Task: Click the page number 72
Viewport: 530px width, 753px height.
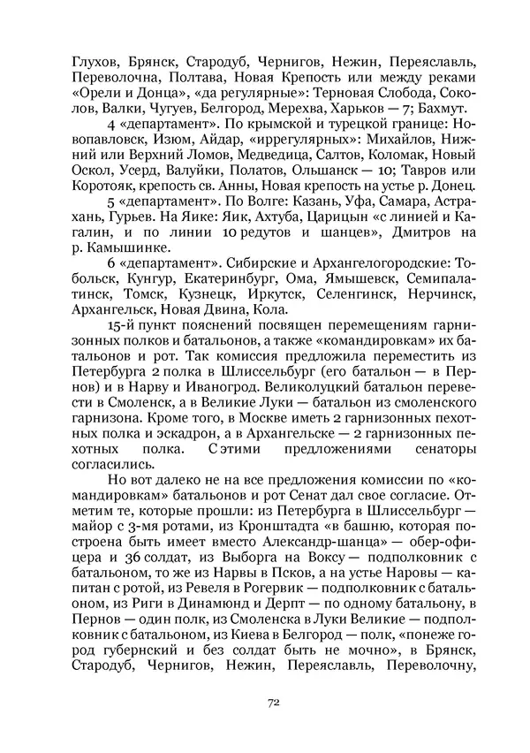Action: [x=273, y=703]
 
